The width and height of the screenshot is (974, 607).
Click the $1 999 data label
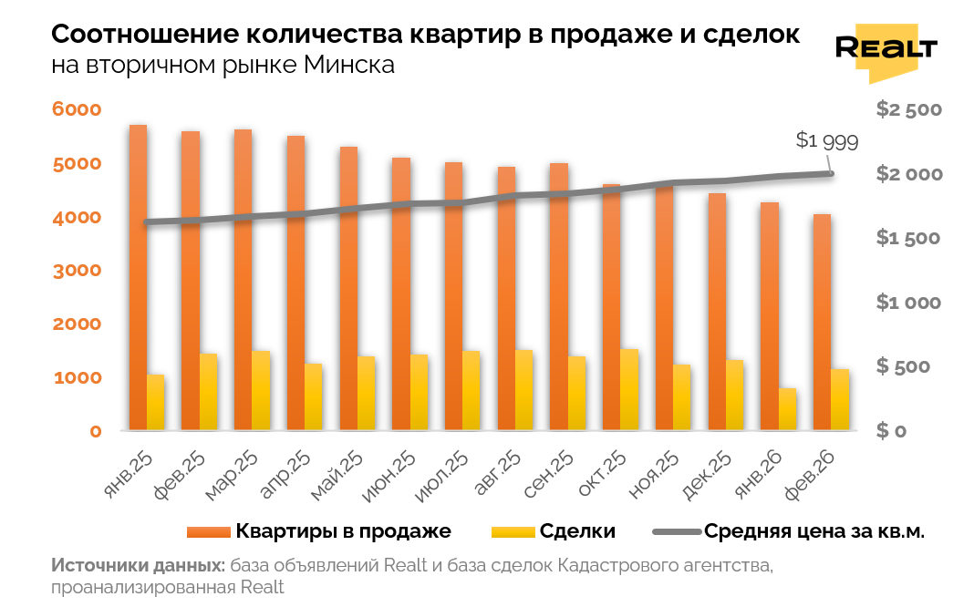pos(826,140)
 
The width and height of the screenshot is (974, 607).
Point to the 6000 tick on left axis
pos(77,109)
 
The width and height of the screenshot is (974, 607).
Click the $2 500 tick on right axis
pos(907,109)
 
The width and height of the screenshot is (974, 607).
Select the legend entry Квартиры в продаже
pos(318,531)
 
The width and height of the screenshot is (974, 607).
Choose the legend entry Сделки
pos(553,531)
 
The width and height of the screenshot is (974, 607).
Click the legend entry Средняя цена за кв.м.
pos(789,531)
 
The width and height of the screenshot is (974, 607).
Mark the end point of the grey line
pos(830,173)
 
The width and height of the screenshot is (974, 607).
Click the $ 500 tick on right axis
pos(907,366)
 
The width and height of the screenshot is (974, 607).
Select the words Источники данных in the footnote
pos(138,565)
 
